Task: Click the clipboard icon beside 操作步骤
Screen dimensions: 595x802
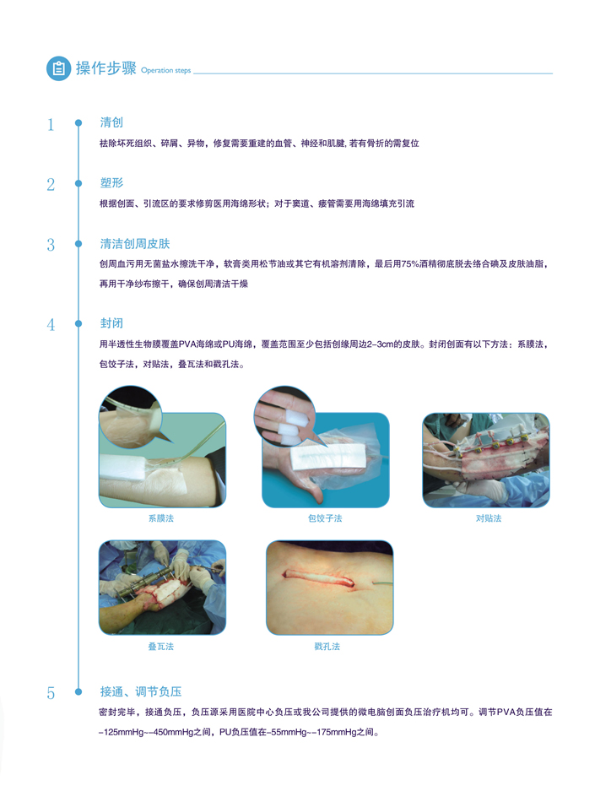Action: click(x=59, y=68)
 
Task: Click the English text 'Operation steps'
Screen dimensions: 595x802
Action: click(x=165, y=71)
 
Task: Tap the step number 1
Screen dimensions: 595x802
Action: click(x=51, y=124)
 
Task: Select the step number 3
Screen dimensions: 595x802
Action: click(x=51, y=245)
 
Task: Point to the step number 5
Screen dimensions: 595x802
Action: click(x=51, y=693)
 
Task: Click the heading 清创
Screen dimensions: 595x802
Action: click(x=111, y=122)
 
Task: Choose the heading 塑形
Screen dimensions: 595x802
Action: click(x=111, y=182)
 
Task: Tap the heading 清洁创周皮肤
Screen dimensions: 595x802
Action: click(x=135, y=243)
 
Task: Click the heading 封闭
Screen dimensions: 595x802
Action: click(x=111, y=323)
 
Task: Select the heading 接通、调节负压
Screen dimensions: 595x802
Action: click(x=141, y=691)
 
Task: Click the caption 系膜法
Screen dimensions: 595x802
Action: click(x=161, y=518)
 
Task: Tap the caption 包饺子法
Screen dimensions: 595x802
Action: click(x=325, y=518)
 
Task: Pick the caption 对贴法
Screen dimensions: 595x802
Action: click(x=489, y=518)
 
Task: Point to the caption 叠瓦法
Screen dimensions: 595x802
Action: click(x=161, y=647)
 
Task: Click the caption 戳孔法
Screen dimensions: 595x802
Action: click(x=327, y=647)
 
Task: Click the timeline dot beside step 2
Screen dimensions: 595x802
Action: click(x=78, y=183)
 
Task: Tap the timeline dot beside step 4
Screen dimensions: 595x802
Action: click(x=78, y=323)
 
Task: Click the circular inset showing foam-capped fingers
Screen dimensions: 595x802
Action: click(x=284, y=416)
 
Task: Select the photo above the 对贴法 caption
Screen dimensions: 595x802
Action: click(x=486, y=460)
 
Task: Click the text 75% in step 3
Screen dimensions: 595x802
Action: click(x=410, y=264)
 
